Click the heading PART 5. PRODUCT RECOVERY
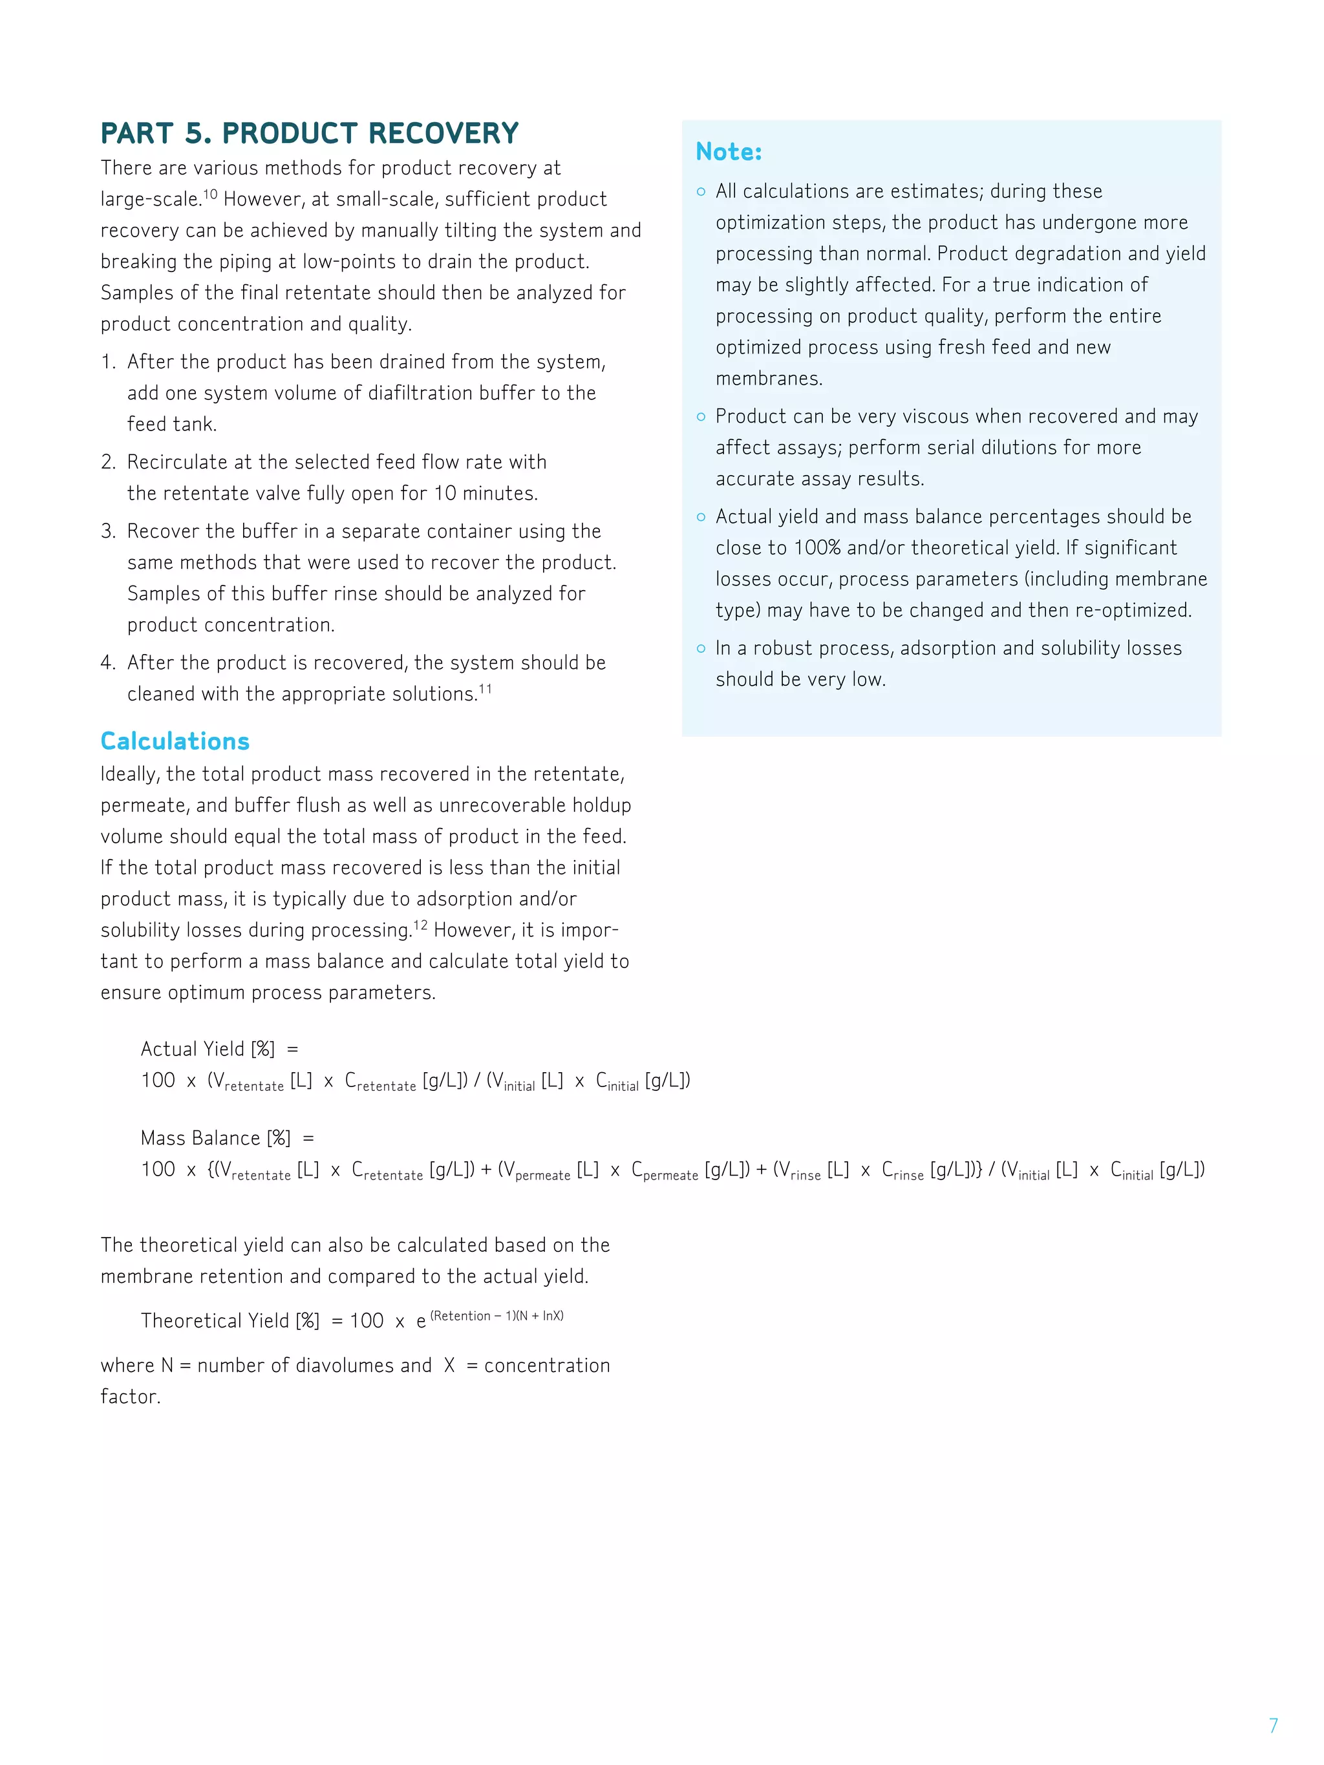(309, 133)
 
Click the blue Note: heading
(728, 152)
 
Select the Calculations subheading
(175, 741)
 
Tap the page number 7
(1273, 1725)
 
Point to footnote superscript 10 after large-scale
(210, 194)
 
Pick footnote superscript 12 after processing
(420, 925)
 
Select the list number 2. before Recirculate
(109, 463)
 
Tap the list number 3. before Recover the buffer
(109, 531)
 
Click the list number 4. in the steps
(109, 663)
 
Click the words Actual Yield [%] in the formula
(208, 1050)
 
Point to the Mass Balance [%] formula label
(215, 1138)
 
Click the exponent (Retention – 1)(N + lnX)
(496, 1316)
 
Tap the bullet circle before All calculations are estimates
(701, 191)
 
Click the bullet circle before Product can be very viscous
(701, 416)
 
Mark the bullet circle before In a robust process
(701, 649)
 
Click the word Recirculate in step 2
(177, 463)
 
